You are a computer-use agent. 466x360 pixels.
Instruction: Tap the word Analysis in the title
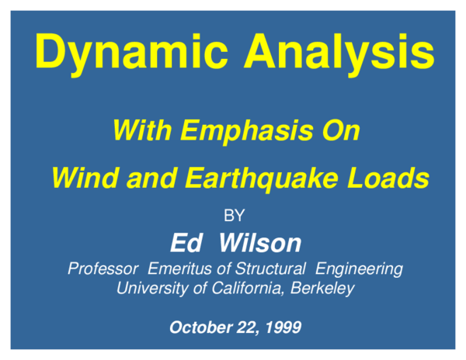339,53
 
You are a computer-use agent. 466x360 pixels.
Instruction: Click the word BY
234,216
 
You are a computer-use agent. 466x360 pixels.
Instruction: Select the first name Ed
186,243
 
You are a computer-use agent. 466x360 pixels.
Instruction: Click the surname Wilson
259,243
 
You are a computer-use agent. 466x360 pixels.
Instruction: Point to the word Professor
103,269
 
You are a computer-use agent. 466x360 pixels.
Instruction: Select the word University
151,289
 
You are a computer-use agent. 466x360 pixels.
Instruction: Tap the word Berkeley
325,289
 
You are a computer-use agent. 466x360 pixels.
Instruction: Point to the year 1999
282,327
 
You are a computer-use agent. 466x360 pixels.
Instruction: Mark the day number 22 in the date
242,327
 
